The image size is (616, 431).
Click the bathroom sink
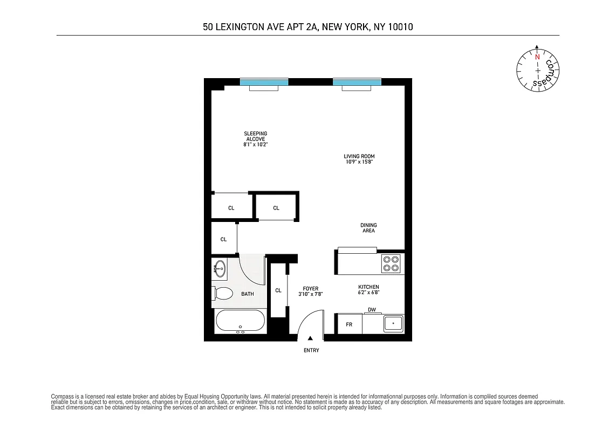coord(220,268)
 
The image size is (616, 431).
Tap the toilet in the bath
coord(223,294)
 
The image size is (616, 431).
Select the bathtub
coord(240,322)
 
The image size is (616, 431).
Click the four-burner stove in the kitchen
coord(391,263)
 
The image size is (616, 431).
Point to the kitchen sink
coord(393,324)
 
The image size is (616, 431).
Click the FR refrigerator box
coord(349,324)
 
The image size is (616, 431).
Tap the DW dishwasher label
coord(372,310)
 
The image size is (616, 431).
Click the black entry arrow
coord(310,338)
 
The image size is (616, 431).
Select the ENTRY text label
coord(311,351)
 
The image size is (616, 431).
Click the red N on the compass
coord(537,56)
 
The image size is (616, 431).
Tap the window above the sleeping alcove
coord(264,82)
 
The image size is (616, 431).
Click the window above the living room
coord(357,82)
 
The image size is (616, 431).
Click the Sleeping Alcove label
coord(256,136)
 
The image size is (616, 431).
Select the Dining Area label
coord(369,228)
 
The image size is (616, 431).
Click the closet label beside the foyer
coord(278,290)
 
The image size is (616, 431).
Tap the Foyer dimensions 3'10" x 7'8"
coord(311,294)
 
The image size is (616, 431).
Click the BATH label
coord(247,294)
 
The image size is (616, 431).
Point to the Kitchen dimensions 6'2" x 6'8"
coord(369,293)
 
